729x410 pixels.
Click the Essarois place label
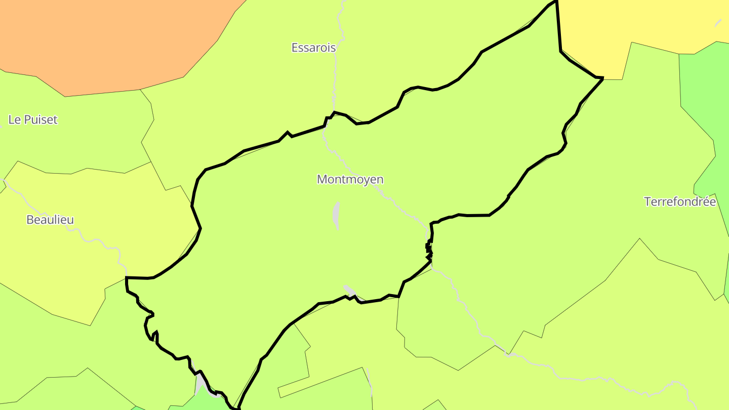point(313,48)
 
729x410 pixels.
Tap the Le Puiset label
point(33,119)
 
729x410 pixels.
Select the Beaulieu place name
point(50,220)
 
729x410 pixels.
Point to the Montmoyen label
point(350,179)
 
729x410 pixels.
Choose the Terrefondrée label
point(680,201)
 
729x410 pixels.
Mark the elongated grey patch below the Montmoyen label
point(336,216)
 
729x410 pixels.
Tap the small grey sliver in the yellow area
point(718,23)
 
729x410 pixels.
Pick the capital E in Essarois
point(295,48)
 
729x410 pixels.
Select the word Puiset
point(40,119)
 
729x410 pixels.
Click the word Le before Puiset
point(14,119)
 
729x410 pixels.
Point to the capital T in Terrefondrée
point(647,201)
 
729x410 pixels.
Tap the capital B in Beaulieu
point(29,220)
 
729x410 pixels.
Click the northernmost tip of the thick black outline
point(556,2)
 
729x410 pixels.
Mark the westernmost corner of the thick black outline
point(126,278)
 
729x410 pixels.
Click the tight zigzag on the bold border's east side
point(429,249)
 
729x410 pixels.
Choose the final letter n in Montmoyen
point(380,179)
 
